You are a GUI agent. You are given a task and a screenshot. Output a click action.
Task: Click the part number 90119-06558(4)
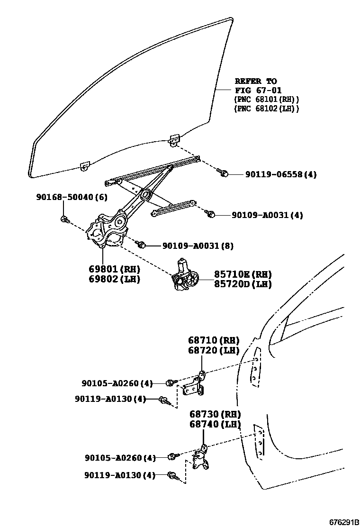click(x=280, y=174)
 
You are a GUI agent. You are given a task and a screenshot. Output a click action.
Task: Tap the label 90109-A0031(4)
click(x=267, y=215)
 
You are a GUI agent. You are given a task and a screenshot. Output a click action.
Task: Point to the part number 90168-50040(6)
click(x=72, y=197)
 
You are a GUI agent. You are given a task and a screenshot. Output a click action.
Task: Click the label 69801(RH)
click(x=114, y=269)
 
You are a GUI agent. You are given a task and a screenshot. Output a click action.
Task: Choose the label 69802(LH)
click(x=114, y=279)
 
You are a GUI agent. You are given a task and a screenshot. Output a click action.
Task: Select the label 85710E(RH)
click(x=243, y=274)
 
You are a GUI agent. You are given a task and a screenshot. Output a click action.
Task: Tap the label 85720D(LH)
click(x=243, y=284)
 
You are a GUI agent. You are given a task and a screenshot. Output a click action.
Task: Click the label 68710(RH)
click(x=213, y=340)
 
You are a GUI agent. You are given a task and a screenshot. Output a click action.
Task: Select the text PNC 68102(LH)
click(x=266, y=109)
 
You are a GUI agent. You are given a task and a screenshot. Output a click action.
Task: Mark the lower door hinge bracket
click(x=202, y=459)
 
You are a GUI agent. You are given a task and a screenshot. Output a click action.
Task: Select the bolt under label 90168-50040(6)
click(x=65, y=219)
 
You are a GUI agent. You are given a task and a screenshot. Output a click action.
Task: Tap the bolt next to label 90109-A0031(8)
click(x=141, y=245)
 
